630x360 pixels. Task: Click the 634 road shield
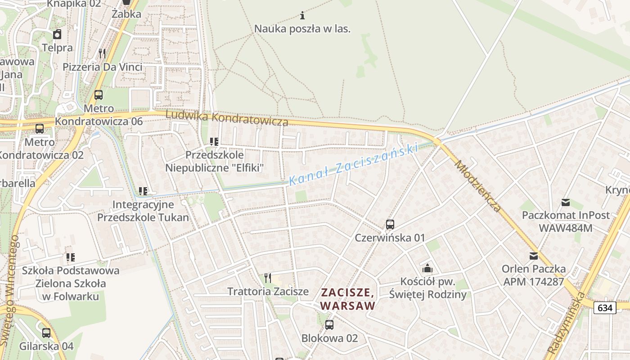click(605, 308)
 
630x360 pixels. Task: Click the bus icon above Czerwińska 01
click(390, 224)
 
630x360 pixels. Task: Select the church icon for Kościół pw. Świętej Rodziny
click(427, 269)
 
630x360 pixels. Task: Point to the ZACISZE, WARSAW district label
click(348, 299)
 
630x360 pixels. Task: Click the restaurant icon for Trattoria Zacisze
click(268, 278)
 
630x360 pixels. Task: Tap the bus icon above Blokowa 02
click(329, 324)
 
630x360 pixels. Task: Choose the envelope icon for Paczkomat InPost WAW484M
click(566, 202)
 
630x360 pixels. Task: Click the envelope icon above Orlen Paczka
click(534, 256)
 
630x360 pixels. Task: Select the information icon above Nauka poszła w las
click(302, 16)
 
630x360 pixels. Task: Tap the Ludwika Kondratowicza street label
click(227, 118)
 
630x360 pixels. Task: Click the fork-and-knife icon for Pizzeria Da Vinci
click(102, 54)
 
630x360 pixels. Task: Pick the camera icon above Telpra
click(57, 34)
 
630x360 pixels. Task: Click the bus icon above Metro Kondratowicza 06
click(99, 95)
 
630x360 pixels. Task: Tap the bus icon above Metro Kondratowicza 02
click(40, 129)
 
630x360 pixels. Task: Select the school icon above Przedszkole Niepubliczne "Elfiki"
click(214, 142)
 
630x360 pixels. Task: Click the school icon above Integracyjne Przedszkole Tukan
click(143, 191)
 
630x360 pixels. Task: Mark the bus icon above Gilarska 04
click(46, 333)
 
